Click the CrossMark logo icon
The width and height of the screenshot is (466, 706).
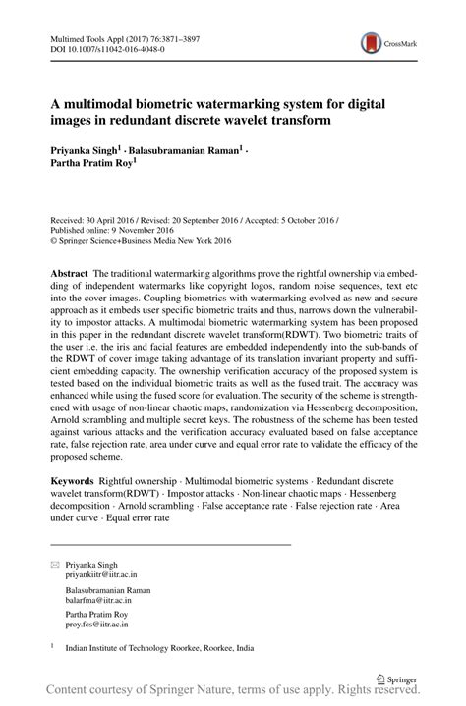[x=371, y=43]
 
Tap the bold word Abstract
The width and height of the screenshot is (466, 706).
[x=72, y=269]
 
